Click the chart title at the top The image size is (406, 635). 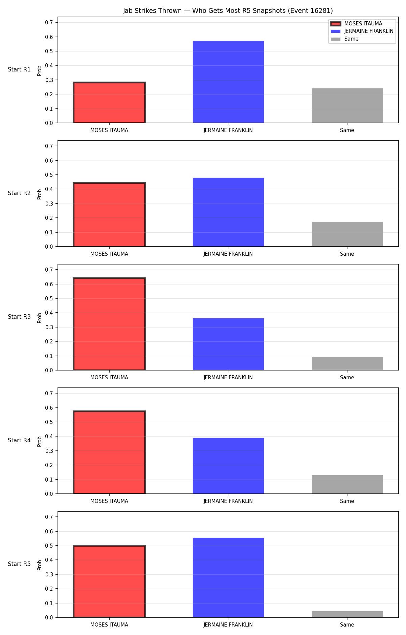point(228,11)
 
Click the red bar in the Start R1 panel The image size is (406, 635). point(109,103)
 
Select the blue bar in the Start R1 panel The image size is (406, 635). point(228,82)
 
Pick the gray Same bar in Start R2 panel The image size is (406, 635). point(347,234)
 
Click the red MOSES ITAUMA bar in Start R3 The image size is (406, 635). point(109,324)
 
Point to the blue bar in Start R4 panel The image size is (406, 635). point(228,466)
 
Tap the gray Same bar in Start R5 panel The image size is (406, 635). point(347,614)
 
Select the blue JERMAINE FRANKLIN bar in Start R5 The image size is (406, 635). point(228,577)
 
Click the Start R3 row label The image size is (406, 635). point(19,317)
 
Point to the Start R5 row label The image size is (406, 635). point(19,564)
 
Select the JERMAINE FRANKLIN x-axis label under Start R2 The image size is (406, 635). point(228,254)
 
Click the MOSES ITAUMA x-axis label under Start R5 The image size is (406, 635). point(109,625)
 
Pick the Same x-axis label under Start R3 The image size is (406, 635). point(347,378)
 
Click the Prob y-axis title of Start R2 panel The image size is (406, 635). point(40,194)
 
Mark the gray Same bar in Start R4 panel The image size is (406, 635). point(347,484)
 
